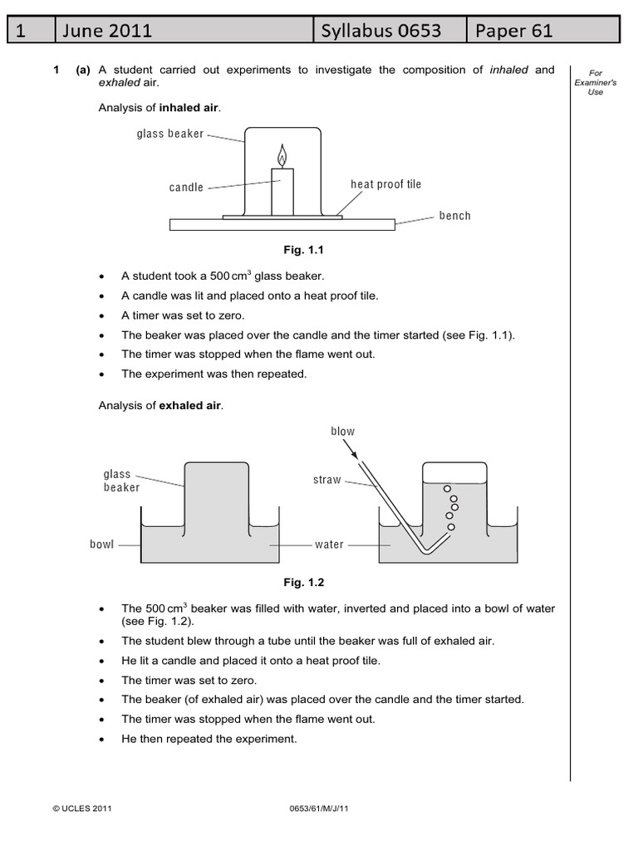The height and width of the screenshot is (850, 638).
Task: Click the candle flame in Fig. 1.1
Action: click(x=282, y=155)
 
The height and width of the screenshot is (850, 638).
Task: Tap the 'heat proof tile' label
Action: click(x=385, y=184)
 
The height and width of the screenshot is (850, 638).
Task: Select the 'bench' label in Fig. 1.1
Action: click(x=454, y=216)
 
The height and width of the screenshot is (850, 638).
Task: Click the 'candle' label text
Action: click(x=186, y=188)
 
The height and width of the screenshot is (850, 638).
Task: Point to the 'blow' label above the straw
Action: click(x=342, y=431)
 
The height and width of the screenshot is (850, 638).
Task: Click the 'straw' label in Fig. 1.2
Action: click(x=327, y=480)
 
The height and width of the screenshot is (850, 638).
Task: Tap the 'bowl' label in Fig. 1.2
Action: click(x=102, y=545)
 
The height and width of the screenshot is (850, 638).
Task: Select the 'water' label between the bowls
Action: click(x=329, y=545)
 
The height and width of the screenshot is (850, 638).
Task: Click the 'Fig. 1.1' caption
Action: click(x=301, y=249)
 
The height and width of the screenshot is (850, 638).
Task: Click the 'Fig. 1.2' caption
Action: click(x=301, y=583)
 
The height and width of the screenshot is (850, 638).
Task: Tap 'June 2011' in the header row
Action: click(x=107, y=31)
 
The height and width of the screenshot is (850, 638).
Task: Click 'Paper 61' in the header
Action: click(x=513, y=31)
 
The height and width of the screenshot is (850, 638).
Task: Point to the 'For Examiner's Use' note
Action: click(x=595, y=82)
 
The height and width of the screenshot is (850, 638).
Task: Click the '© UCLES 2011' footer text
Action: click(x=81, y=807)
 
